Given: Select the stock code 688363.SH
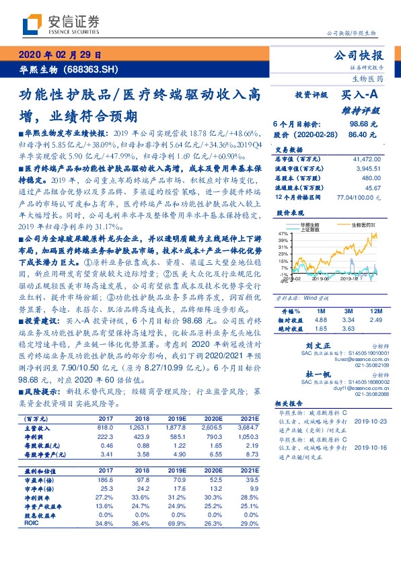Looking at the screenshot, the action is pyautogui.click(x=91, y=69).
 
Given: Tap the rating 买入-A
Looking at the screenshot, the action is pyautogui.click(x=360, y=97).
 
